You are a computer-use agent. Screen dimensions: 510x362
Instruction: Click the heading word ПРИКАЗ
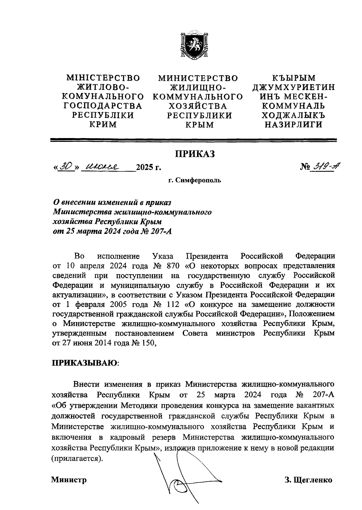coord(195,154)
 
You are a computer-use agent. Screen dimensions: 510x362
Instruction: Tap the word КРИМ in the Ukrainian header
coord(103,124)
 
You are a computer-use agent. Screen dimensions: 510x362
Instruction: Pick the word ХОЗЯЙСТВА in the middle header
coord(197,106)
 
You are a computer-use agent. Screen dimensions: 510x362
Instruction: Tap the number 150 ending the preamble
coord(148,343)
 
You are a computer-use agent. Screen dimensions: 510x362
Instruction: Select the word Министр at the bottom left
coord(69,479)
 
